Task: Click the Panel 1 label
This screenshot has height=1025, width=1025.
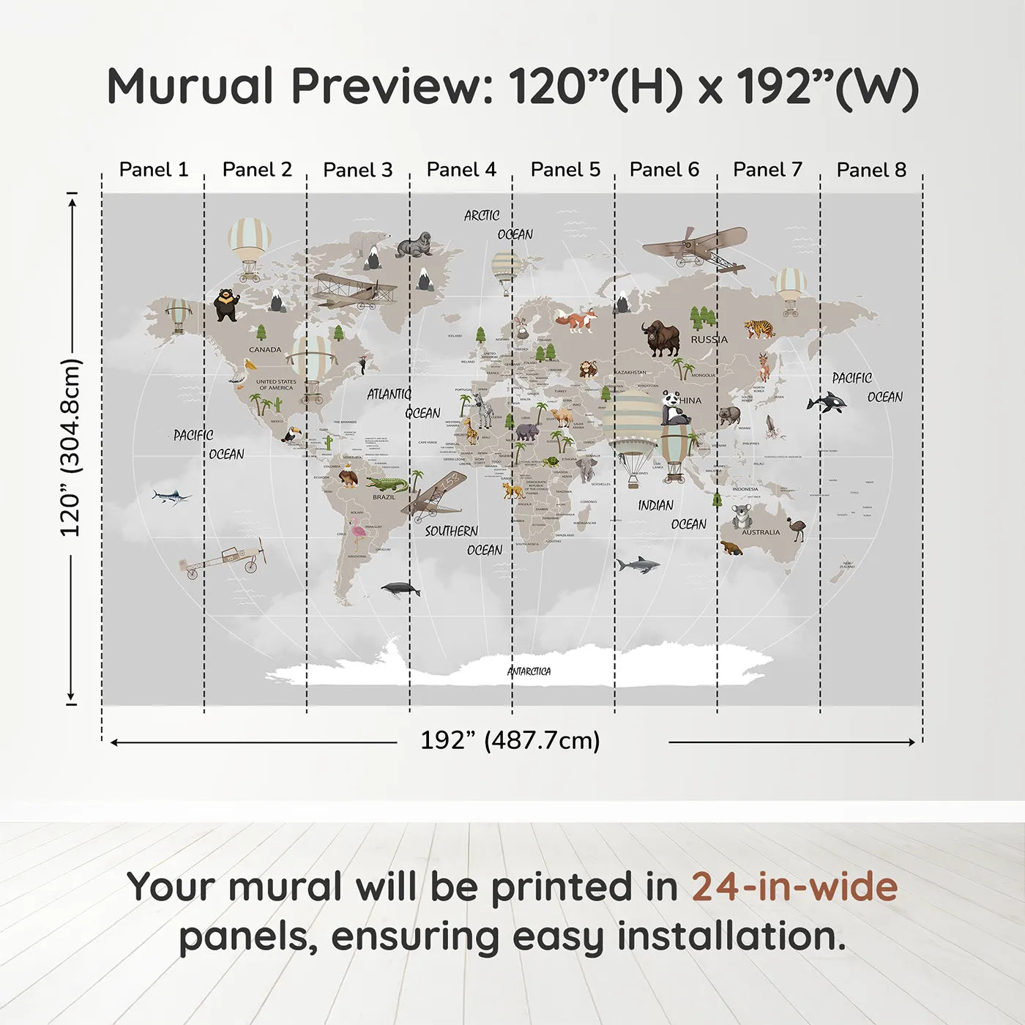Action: point(154,170)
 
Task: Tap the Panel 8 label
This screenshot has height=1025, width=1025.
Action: point(871,170)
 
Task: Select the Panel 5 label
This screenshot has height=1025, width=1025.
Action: point(565,170)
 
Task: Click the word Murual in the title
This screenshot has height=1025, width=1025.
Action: point(190,86)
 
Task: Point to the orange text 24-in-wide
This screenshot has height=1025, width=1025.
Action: point(794,887)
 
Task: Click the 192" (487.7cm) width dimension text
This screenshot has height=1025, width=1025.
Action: point(510,740)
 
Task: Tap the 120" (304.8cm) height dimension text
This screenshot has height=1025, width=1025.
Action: point(70,447)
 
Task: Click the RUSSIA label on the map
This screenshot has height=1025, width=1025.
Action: point(709,340)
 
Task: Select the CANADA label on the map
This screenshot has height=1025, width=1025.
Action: point(265,349)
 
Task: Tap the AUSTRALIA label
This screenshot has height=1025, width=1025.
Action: point(761,532)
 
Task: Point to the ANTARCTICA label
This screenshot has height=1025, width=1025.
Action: point(529,671)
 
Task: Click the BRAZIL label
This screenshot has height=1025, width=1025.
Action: point(384,497)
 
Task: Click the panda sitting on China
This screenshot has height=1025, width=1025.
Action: point(674,409)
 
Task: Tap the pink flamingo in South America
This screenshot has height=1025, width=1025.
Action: point(357,532)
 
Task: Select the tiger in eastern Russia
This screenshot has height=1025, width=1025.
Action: point(759,329)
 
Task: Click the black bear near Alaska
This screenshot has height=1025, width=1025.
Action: point(226,304)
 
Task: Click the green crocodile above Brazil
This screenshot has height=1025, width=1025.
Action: point(386,484)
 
